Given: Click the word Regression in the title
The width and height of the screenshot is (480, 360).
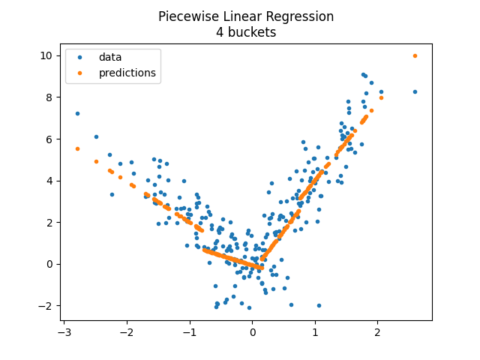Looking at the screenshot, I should (x=298, y=16).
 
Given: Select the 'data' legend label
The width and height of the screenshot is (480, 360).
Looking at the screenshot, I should (x=110, y=57).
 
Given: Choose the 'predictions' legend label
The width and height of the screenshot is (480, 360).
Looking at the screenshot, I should (x=127, y=73).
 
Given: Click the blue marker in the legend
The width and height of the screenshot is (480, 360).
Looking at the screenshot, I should (x=81, y=57).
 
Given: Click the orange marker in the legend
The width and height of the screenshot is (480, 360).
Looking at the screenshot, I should (x=81, y=73).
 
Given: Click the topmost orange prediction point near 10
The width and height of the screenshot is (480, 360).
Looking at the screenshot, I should (x=415, y=55).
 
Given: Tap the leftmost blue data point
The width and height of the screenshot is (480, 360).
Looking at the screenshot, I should (x=77, y=113).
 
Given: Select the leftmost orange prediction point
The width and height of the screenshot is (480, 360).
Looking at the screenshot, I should (x=77, y=148).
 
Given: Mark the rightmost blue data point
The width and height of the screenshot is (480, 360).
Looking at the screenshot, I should (x=415, y=91).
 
